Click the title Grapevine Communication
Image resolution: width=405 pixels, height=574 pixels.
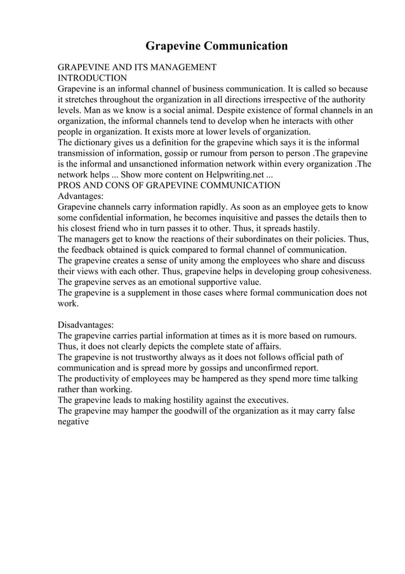pyautogui.click(x=216, y=46)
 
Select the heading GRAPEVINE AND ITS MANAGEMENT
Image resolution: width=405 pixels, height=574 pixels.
pyautogui.click(x=137, y=67)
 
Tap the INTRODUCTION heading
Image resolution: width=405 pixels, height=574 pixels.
pyautogui.click(x=93, y=78)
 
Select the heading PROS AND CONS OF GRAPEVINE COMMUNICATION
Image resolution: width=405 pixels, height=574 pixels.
pyautogui.click(x=169, y=186)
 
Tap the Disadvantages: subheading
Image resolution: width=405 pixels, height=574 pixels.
pyautogui.click(x=86, y=324)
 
